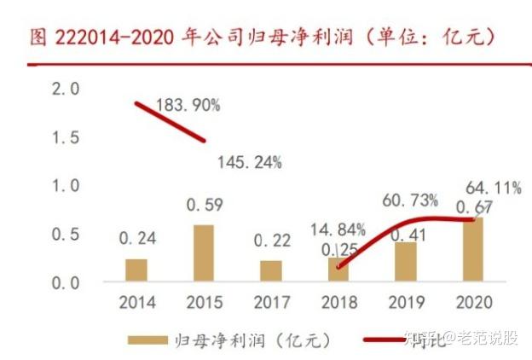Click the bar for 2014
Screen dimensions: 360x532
tap(136, 270)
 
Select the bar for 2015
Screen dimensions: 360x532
tap(203, 253)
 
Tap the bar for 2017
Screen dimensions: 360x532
tap(270, 271)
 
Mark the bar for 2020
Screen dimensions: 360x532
tap(471, 249)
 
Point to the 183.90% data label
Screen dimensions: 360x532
tap(188, 106)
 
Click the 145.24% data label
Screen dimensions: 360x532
tap(249, 162)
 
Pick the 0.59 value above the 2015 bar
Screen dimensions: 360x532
tap(203, 206)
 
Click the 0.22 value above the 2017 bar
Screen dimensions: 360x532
tap(271, 241)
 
